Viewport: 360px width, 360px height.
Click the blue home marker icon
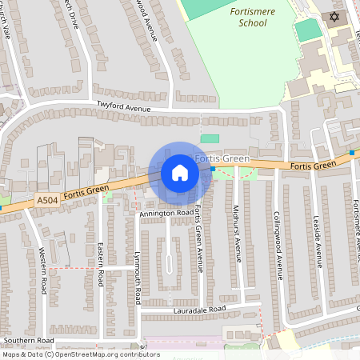(x=180, y=172)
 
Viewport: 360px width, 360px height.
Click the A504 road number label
(x=47, y=203)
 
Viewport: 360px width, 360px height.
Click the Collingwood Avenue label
(x=278, y=244)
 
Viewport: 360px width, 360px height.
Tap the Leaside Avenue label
(x=318, y=241)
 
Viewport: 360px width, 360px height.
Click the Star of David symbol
(x=334, y=17)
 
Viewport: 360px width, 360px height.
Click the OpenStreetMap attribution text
(x=70, y=354)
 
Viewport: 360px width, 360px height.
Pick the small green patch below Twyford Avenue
(x=210, y=139)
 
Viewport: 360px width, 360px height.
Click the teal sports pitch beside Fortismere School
(x=308, y=30)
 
